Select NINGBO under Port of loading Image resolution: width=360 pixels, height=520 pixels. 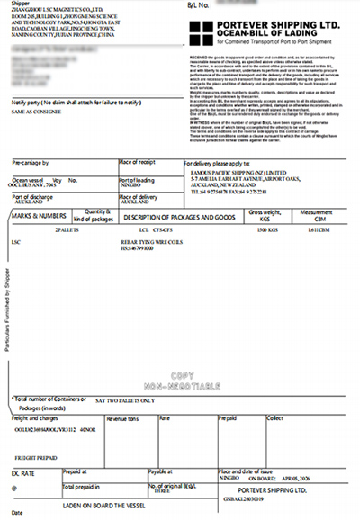(131, 183)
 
